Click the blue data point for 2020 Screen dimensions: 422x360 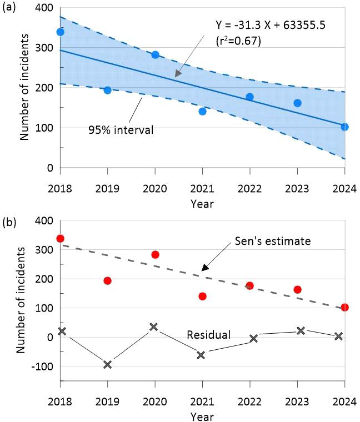[155, 54]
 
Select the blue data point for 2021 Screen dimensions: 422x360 [202, 111]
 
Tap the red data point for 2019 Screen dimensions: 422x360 [107, 280]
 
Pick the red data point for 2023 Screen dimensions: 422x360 [297, 289]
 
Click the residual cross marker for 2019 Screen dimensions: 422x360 [107, 364]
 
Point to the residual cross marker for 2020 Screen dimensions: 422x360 [154, 326]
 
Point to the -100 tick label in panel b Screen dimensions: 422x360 [42, 366]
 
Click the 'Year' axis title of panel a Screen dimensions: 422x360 [202, 204]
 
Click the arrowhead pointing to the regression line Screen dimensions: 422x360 [177, 74]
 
